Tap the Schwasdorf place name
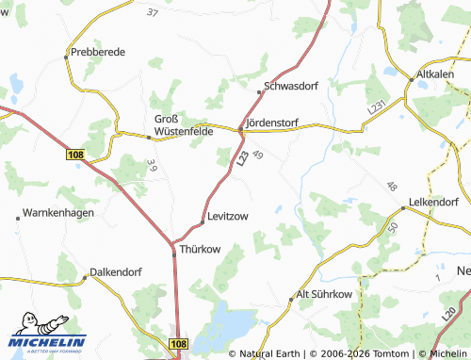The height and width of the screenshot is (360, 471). point(295,85)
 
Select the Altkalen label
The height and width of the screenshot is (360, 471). point(436,72)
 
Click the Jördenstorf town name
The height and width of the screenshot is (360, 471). point(272,123)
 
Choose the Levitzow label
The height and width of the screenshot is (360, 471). point(228,216)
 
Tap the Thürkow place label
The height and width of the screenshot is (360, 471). point(199,251)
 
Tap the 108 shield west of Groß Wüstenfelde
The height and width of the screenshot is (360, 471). point(76,152)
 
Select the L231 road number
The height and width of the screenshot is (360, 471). point(378,110)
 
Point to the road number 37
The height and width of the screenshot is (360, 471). point(154,13)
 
